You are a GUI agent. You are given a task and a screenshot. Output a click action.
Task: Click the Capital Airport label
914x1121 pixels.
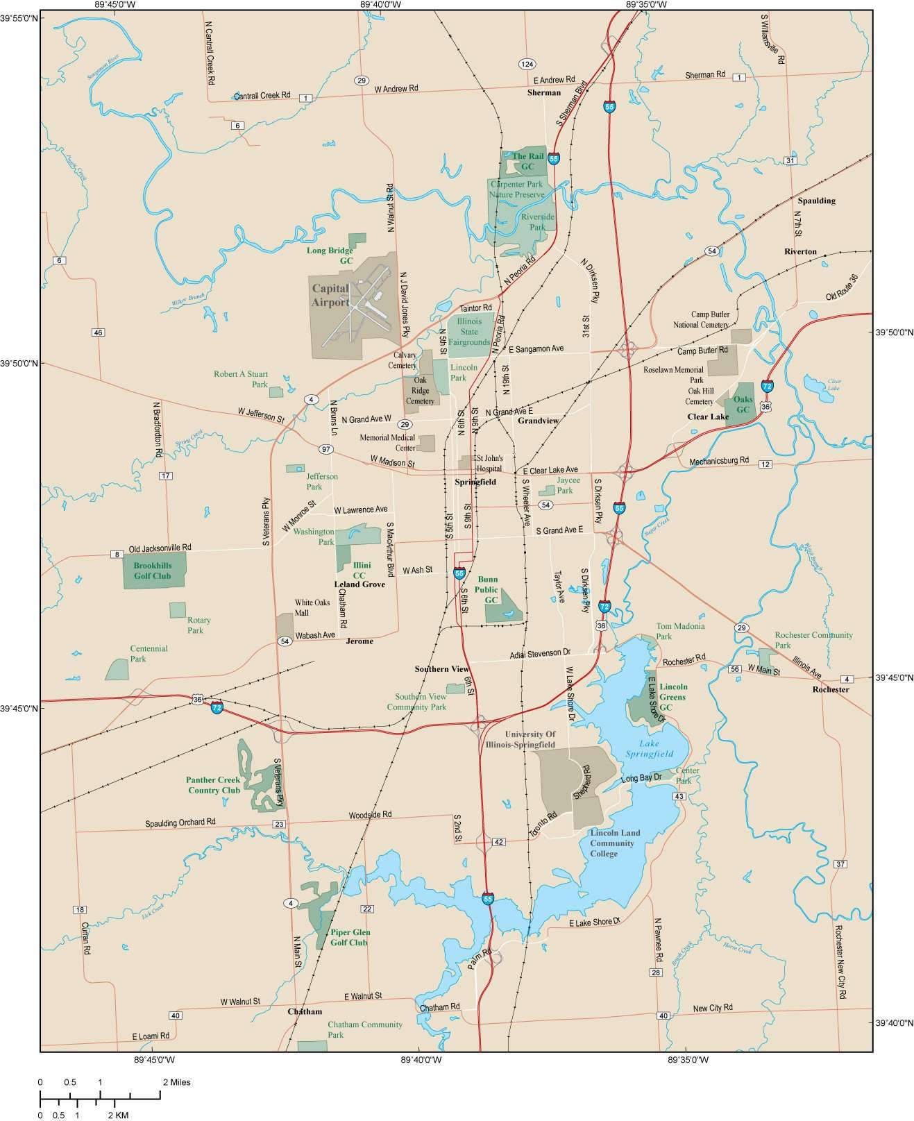(330, 295)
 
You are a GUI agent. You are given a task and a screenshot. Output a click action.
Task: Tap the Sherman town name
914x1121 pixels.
(543, 92)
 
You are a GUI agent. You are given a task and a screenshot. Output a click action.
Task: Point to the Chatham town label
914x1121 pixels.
(305, 1011)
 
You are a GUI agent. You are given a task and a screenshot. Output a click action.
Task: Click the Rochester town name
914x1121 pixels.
(831, 689)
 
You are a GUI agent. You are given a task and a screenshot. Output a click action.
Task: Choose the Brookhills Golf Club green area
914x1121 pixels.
(155, 571)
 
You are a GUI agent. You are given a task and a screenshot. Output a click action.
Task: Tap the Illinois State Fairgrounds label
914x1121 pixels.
(468, 332)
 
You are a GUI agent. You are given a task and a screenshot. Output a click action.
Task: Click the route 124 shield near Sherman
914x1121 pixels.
(527, 64)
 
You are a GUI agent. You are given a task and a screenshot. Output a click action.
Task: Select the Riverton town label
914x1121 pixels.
(800, 251)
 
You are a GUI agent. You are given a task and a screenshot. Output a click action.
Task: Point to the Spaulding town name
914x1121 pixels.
(816, 201)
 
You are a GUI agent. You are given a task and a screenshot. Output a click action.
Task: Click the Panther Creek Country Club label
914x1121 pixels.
(213, 785)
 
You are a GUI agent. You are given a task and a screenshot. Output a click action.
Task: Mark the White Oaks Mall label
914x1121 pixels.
(312, 607)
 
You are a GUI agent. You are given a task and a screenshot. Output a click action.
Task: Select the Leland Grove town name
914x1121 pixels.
(359, 584)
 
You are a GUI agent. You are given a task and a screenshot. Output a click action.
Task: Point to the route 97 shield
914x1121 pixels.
(325, 449)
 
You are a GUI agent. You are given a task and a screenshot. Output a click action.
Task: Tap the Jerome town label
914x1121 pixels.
(359, 641)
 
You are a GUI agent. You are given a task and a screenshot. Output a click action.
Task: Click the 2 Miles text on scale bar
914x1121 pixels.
(176, 1081)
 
